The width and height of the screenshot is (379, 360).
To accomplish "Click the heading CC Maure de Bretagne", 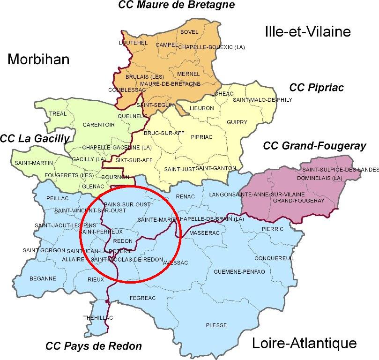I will tap(176, 6).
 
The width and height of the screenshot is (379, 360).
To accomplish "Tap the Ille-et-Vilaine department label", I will tap(307, 32).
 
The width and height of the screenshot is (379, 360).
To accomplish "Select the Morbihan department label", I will tap(38, 60).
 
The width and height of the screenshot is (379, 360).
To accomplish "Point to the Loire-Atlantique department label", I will tap(305, 343).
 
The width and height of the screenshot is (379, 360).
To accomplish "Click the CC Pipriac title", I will tap(317, 87).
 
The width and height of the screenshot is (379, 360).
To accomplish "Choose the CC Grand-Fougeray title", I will tap(314, 146).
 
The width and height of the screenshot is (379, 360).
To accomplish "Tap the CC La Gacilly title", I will tap(35, 138).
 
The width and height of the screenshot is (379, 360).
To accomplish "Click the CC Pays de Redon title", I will tap(93, 346).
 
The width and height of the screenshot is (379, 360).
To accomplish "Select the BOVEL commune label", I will tap(189, 32).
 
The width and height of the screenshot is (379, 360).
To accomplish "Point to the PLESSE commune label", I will tap(216, 325).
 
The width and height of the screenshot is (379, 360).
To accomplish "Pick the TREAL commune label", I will tap(58, 113).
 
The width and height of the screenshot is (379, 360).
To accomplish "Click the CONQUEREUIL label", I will tap(274, 258).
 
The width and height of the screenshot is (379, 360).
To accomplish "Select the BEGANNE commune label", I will tap(43, 278).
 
